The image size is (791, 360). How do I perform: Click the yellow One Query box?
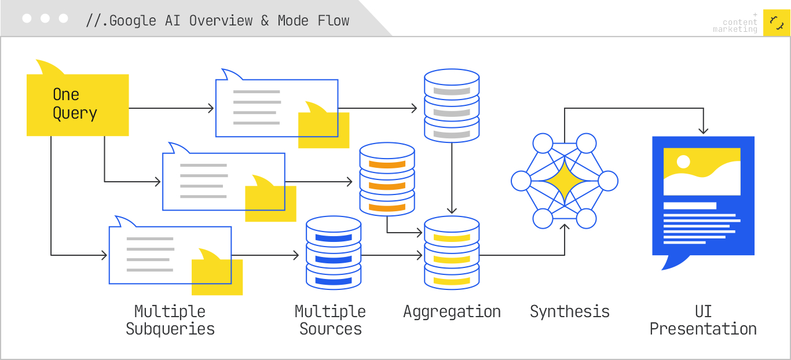click(x=77, y=105)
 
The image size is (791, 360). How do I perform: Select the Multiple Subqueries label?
click(x=170, y=320)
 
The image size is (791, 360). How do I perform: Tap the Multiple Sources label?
click(x=330, y=320)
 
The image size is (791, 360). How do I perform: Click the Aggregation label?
click(x=452, y=312)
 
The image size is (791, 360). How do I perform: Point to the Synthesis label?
click(x=570, y=312)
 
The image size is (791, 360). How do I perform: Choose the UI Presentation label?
click(x=703, y=320)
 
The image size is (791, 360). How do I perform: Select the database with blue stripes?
click(x=333, y=253)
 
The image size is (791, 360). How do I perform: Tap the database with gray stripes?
click(x=452, y=106)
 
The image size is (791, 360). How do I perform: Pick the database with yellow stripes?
click(x=452, y=253)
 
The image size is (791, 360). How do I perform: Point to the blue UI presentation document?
click(x=703, y=197)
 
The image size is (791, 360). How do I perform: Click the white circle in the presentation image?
click(x=683, y=161)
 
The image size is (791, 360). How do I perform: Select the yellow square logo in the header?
click(x=777, y=23)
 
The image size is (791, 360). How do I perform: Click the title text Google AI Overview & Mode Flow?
click(x=218, y=21)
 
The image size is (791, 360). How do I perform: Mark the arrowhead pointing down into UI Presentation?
click(x=703, y=131)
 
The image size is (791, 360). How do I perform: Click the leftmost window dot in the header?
click(x=27, y=19)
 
